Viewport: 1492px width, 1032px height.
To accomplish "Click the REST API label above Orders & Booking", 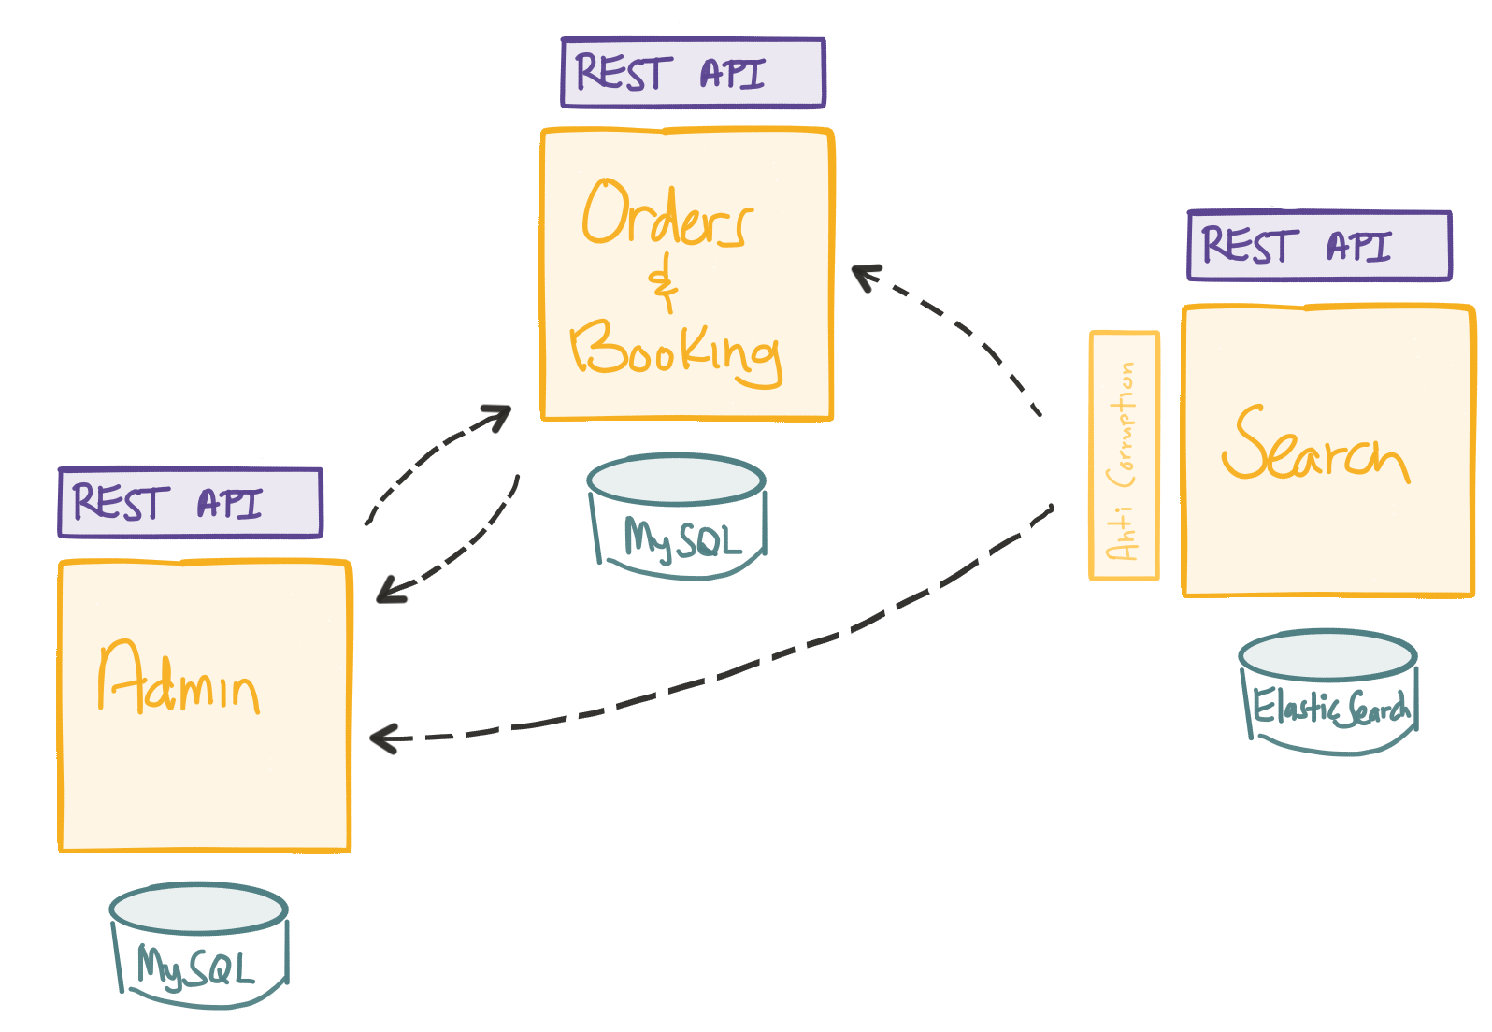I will pyautogui.click(x=693, y=73).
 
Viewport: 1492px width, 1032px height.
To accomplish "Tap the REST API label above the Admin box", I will pyautogui.click(x=191, y=503).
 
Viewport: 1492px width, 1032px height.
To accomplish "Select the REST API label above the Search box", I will pyautogui.click(x=1319, y=246).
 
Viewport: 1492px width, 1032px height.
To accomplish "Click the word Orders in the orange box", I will pyautogui.click(x=666, y=215).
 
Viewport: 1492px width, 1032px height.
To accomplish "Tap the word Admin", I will pyautogui.click(x=178, y=681).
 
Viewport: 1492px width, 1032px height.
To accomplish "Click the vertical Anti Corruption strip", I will pyautogui.click(x=1125, y=456).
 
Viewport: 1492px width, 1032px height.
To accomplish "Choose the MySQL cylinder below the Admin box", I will pyautogui.click(x=199, y=944).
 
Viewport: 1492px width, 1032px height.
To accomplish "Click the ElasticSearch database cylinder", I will pyautogui.click(x=1329, y=692).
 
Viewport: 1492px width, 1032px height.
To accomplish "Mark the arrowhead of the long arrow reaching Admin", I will pyautogui.click(x=382, y=738).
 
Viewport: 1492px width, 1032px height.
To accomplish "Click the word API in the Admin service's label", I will pyautogui.click(x=229, y=504).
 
